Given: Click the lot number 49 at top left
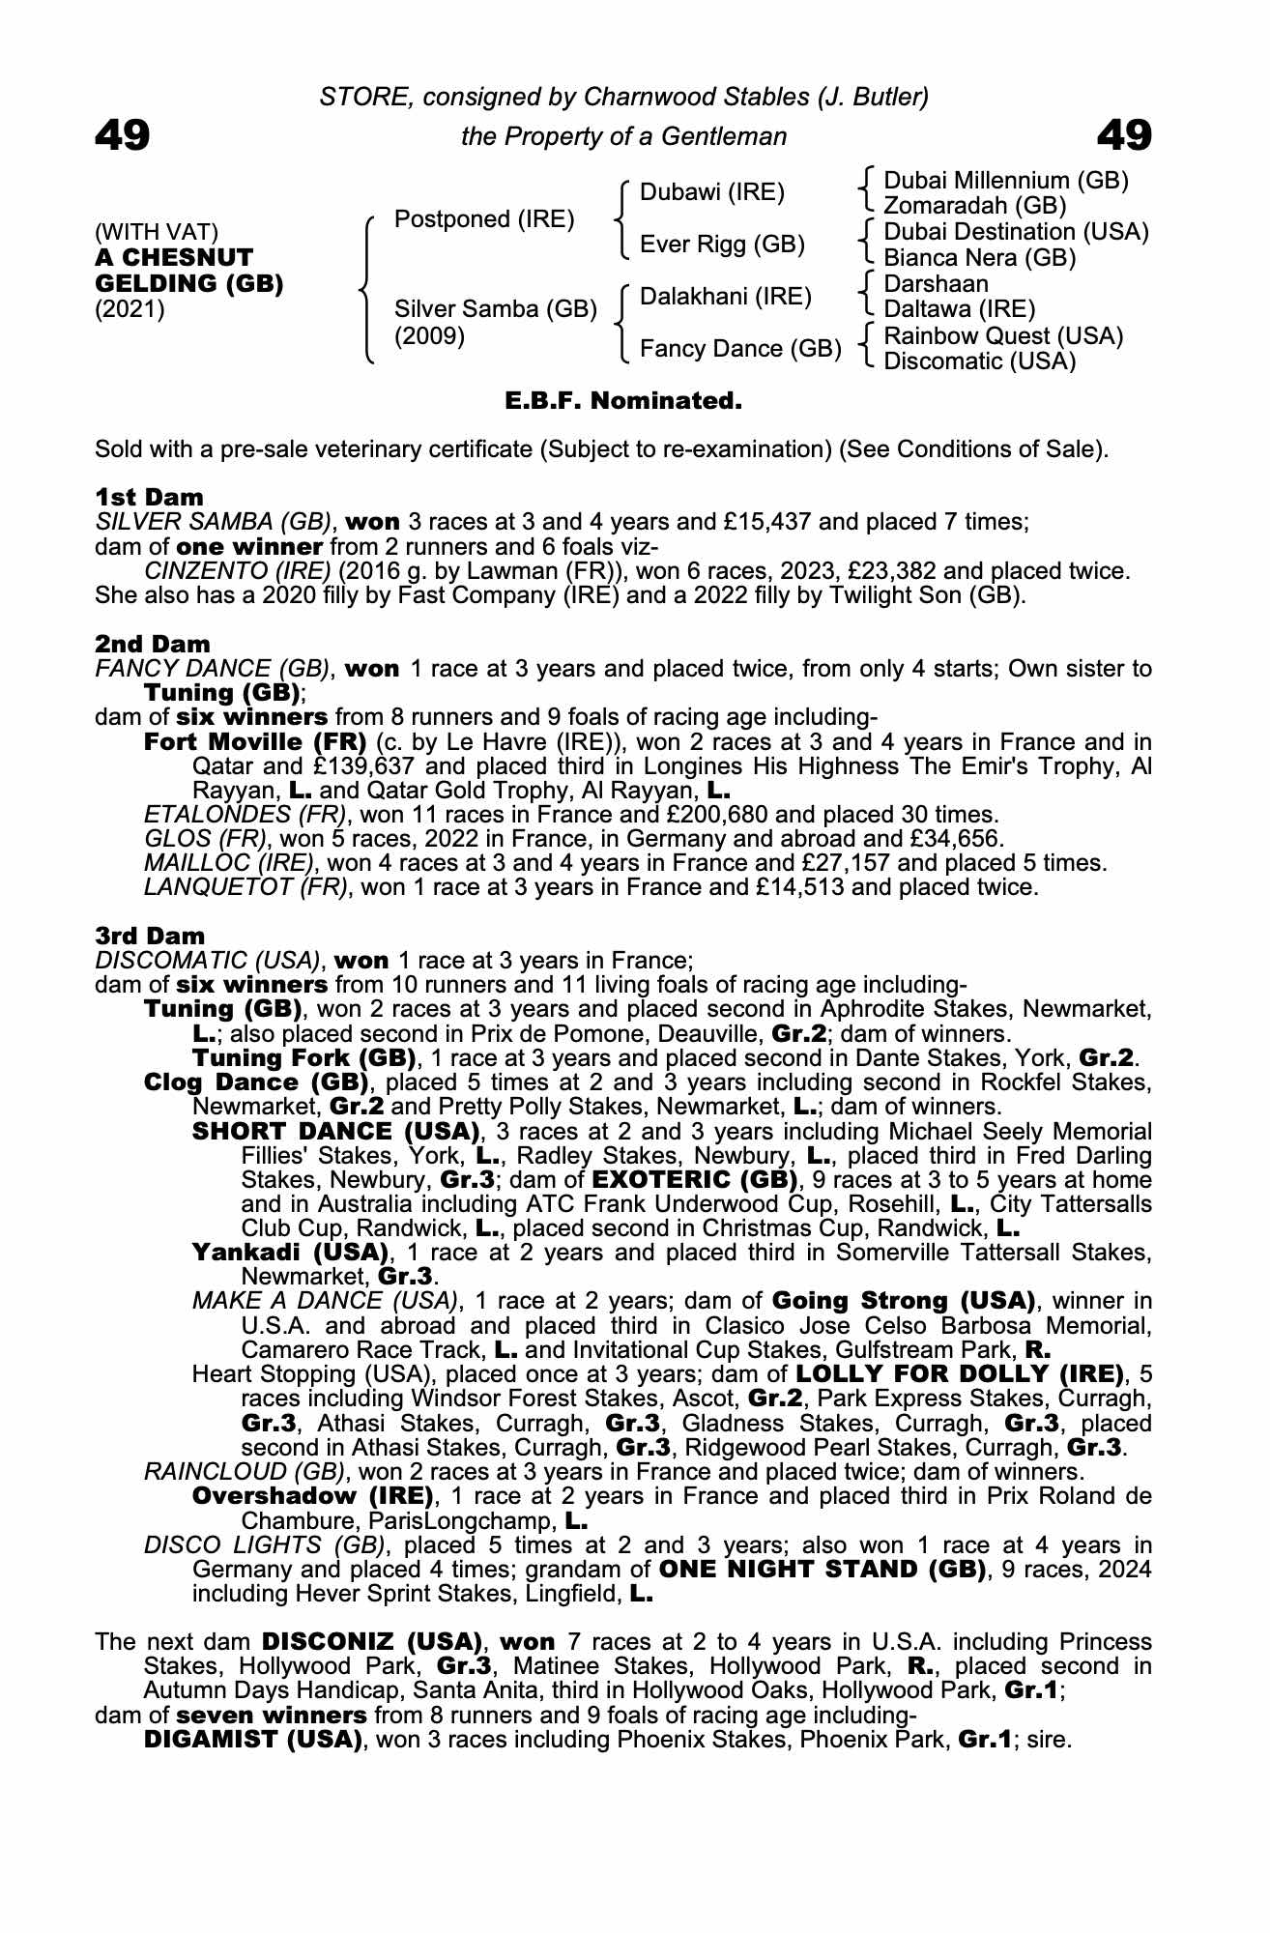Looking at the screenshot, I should (123, 135).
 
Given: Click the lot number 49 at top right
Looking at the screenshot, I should (1124, 135).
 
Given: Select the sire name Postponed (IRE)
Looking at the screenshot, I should (484, 219).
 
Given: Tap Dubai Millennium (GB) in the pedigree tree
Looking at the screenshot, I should (1006, 181).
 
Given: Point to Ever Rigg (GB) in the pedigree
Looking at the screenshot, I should (722, 245).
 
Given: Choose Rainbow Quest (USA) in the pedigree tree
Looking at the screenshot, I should (1003, 336).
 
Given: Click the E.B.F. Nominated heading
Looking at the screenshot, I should (623, 400).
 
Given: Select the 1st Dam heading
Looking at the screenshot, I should (150, 498).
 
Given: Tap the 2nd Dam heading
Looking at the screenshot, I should (153, 644).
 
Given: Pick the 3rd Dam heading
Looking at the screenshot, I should (150, 936).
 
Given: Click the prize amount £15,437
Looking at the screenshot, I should (767, 522).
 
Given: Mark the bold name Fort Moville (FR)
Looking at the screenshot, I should (255, 742).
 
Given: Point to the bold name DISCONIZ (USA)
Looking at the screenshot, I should (372, 1642).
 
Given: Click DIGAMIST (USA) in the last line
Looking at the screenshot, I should (253, 1740).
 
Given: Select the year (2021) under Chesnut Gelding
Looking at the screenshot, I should (130, 310).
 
